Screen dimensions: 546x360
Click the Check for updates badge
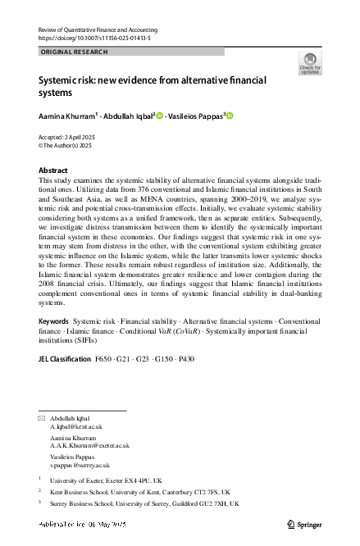[311, 62]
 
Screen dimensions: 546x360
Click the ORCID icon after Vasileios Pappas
[230, 116]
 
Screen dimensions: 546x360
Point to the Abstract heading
[54, 169]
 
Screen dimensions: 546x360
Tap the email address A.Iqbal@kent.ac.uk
[75, 427]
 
